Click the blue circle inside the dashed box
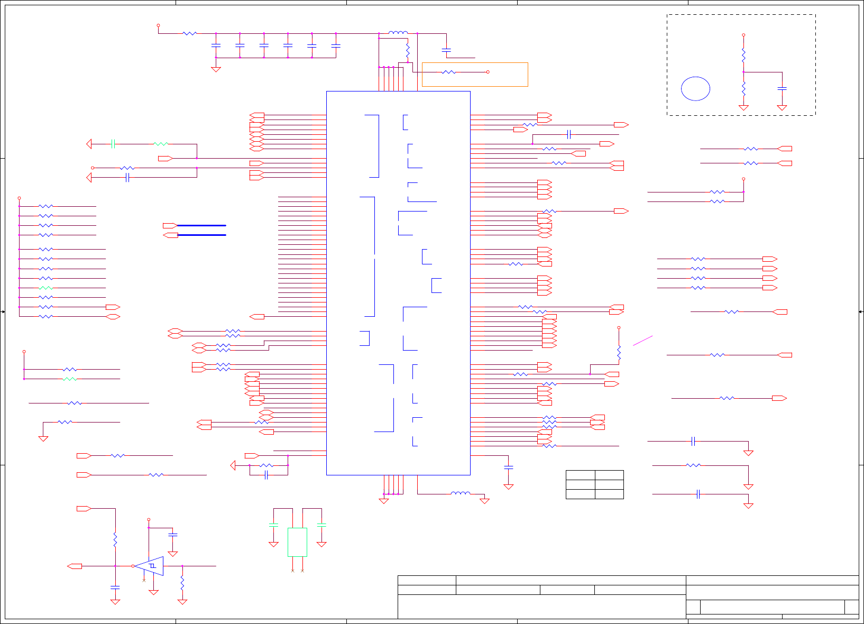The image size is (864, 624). tap(695, 89)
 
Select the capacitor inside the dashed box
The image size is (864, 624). tap(782, 88)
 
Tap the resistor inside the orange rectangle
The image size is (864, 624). tap(448, 72)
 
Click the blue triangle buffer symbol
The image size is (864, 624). tap(150, 566)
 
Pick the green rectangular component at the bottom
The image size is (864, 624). tap(297, 542)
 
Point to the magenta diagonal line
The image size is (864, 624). tap(642, 341)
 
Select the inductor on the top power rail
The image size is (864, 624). tap(398, 33)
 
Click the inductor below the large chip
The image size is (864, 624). tap(460, 494)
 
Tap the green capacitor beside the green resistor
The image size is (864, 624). tap(113, 144)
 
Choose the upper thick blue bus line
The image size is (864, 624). tap(201, 225)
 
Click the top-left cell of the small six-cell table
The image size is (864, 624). tap(580, 475)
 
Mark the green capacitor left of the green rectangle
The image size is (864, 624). tap(273, 525)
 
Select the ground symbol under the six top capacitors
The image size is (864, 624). tap(216, 69)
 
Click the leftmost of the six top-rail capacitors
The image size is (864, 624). tap(216, 46)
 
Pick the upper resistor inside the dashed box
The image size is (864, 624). tap(743, 54)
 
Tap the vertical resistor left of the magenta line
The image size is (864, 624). tap(619, 353)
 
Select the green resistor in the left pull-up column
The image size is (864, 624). tap(46, 288)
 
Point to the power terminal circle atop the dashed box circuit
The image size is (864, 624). tap(743, 35)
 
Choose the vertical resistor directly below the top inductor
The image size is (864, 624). tap(408, 51)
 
